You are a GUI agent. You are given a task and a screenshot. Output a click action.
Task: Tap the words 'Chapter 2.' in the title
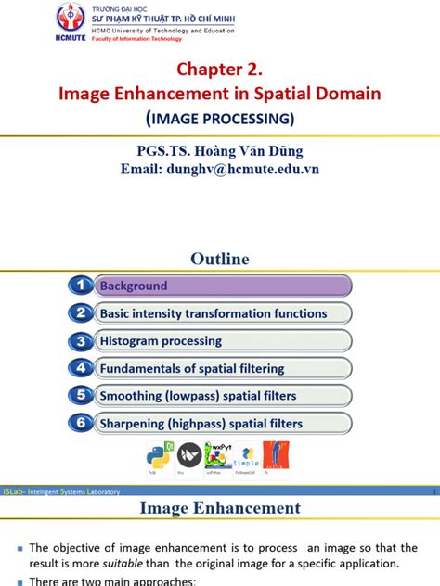(x=220, y=70)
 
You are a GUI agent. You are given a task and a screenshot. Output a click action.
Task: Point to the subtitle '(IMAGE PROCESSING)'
(x=220, y=118)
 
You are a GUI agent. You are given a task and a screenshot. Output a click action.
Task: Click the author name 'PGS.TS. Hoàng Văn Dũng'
(x=220, y=150)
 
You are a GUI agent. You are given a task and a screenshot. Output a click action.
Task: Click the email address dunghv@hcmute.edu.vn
(x=220, y=169)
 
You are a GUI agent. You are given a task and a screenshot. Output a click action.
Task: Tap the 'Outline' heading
(x=220, y=259)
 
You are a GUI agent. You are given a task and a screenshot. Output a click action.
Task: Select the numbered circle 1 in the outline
(x=81, y=287)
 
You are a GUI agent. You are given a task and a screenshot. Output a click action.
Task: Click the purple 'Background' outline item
(x=223, y=287)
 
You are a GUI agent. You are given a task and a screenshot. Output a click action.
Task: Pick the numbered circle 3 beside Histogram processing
(x=81, y=341)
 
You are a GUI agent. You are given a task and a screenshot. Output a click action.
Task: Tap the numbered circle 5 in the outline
(x=81, y=396)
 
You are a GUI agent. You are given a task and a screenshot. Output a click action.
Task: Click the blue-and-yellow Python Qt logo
(x=157, y=456)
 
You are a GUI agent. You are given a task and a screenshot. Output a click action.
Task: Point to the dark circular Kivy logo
(x=188, y=455)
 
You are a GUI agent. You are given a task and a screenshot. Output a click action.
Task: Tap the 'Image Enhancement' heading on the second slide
(x=220, y=507)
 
